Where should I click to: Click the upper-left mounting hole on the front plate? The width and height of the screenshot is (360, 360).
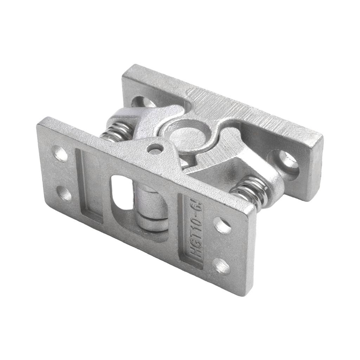point(60,153)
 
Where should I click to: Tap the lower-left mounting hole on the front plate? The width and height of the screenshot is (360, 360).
point(64,193)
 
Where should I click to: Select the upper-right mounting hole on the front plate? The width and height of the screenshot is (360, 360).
point(222,225)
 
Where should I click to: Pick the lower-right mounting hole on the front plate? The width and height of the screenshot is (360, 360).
point(221,266)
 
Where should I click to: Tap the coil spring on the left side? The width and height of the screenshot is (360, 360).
point(115,134)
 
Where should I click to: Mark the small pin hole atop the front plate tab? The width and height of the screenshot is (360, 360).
point(155,149)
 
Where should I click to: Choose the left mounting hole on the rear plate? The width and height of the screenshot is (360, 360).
point(143,102)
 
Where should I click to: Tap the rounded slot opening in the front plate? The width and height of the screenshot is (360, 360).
point(121,193)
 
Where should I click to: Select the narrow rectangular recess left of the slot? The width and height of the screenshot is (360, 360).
point(89,186)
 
